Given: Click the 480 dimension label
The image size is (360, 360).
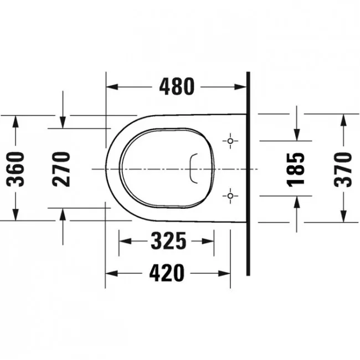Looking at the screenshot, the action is tap(177, 86).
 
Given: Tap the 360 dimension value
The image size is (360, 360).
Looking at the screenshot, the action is tap(16, 169).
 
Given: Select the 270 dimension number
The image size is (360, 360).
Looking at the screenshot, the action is tap(61, 169).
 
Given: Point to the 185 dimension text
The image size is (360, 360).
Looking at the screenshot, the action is tap(296, 169).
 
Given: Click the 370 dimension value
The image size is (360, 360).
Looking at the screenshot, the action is tap(343, 169).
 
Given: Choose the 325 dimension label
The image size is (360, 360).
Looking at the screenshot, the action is tap(168, 241).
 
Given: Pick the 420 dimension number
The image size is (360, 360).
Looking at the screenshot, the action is tap(167, 273).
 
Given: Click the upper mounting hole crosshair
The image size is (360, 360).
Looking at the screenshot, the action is tap(230, 141).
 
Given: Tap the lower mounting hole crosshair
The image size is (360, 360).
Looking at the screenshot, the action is tap(230, 196).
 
